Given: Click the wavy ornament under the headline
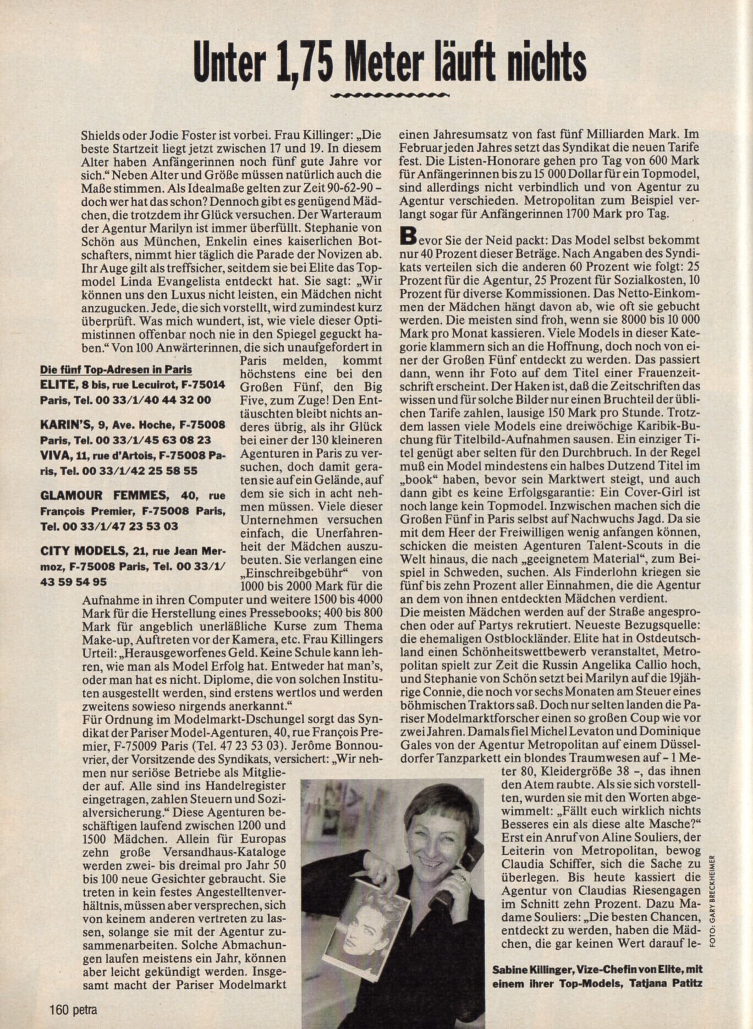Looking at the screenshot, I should [x=390, y=95].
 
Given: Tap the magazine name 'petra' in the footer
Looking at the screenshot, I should [x=85, y=1010].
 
